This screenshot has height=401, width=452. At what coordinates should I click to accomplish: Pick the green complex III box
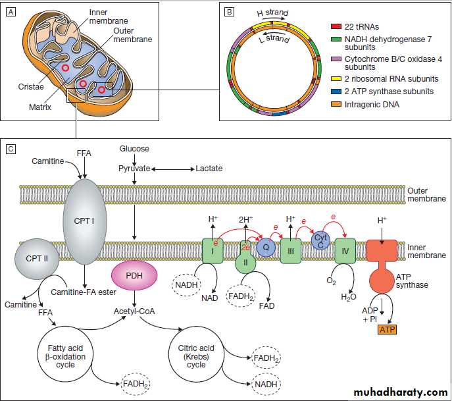tap(289, 250)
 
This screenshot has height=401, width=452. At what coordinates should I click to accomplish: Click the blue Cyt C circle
tap(320, 240)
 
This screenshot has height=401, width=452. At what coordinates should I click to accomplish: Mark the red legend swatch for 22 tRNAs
tap(335, 25)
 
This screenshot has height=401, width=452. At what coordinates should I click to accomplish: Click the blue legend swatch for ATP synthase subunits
tap(335, 91)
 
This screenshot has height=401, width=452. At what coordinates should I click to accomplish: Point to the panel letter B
tap(229, 12)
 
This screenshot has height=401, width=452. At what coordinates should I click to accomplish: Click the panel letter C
tap(11, 149)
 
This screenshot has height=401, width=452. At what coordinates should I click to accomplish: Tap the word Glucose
tap(134, 149)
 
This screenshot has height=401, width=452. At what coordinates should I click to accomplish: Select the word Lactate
tap(209, 169)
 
